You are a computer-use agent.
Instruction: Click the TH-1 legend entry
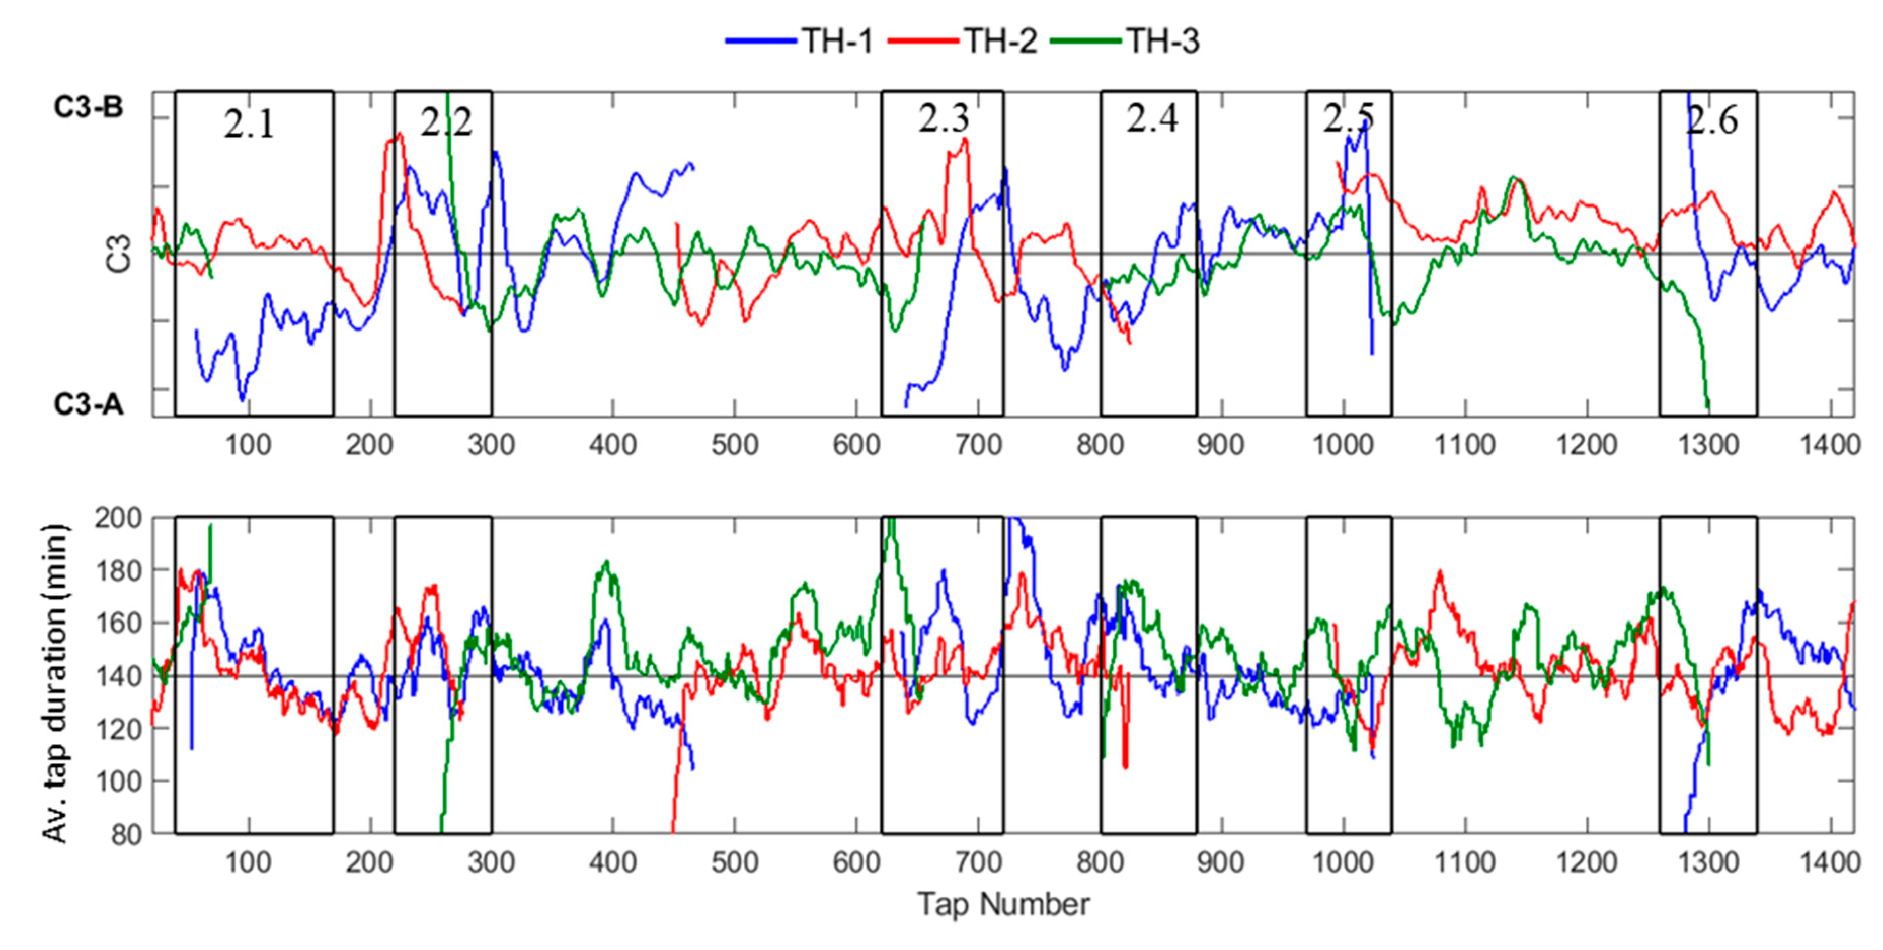(x=837, y=41)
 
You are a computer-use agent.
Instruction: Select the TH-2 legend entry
(x=1000, y=41)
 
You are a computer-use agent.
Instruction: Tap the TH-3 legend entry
(x=1162, y=41)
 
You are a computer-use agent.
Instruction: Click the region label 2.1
(x=249, y=125)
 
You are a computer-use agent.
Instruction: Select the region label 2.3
(x=944, y=119)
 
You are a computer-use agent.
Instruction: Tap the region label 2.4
(x=1152, y=119)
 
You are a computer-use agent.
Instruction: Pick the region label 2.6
(x=1711, y=120)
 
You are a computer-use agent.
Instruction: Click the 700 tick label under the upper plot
(x=978, y=444)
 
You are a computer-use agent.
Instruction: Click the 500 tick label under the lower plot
(x=735, y=863)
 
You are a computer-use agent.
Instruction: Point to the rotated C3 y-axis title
(x=119, y=254)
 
